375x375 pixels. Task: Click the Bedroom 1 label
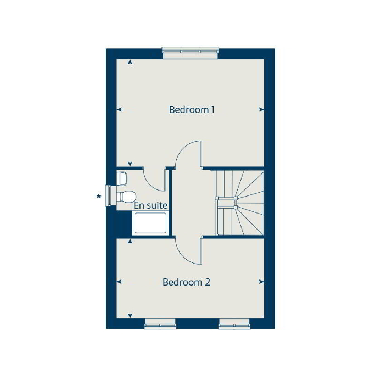(x=192, y=110)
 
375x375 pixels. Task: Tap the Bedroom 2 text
(x=186, y=282)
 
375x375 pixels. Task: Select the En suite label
(x=150, y=205)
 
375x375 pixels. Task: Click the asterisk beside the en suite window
(x=99, y=196)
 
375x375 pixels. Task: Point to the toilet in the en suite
(x=127, y=195)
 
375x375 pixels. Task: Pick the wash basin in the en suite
(x=122, y=177)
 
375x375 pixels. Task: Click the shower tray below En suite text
(x=150, y=223)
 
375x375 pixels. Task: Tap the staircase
(x=238, y=203)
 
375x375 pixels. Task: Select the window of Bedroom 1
(x=191, y=52)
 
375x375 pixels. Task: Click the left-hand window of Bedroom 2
(x=160, y=325)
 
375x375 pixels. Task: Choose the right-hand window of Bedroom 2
(x=234, y=325)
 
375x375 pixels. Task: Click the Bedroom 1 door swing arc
(x=189, y=154)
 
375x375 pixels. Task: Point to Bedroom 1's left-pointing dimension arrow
(x=119, y=110)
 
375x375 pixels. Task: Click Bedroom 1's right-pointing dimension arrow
(x=261, y=110)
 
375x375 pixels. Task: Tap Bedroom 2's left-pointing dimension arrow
(x=119, y=282)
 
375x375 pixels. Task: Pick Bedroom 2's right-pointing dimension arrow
(x=261, y=282)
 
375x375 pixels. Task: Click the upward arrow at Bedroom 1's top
(x=130, y=62)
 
